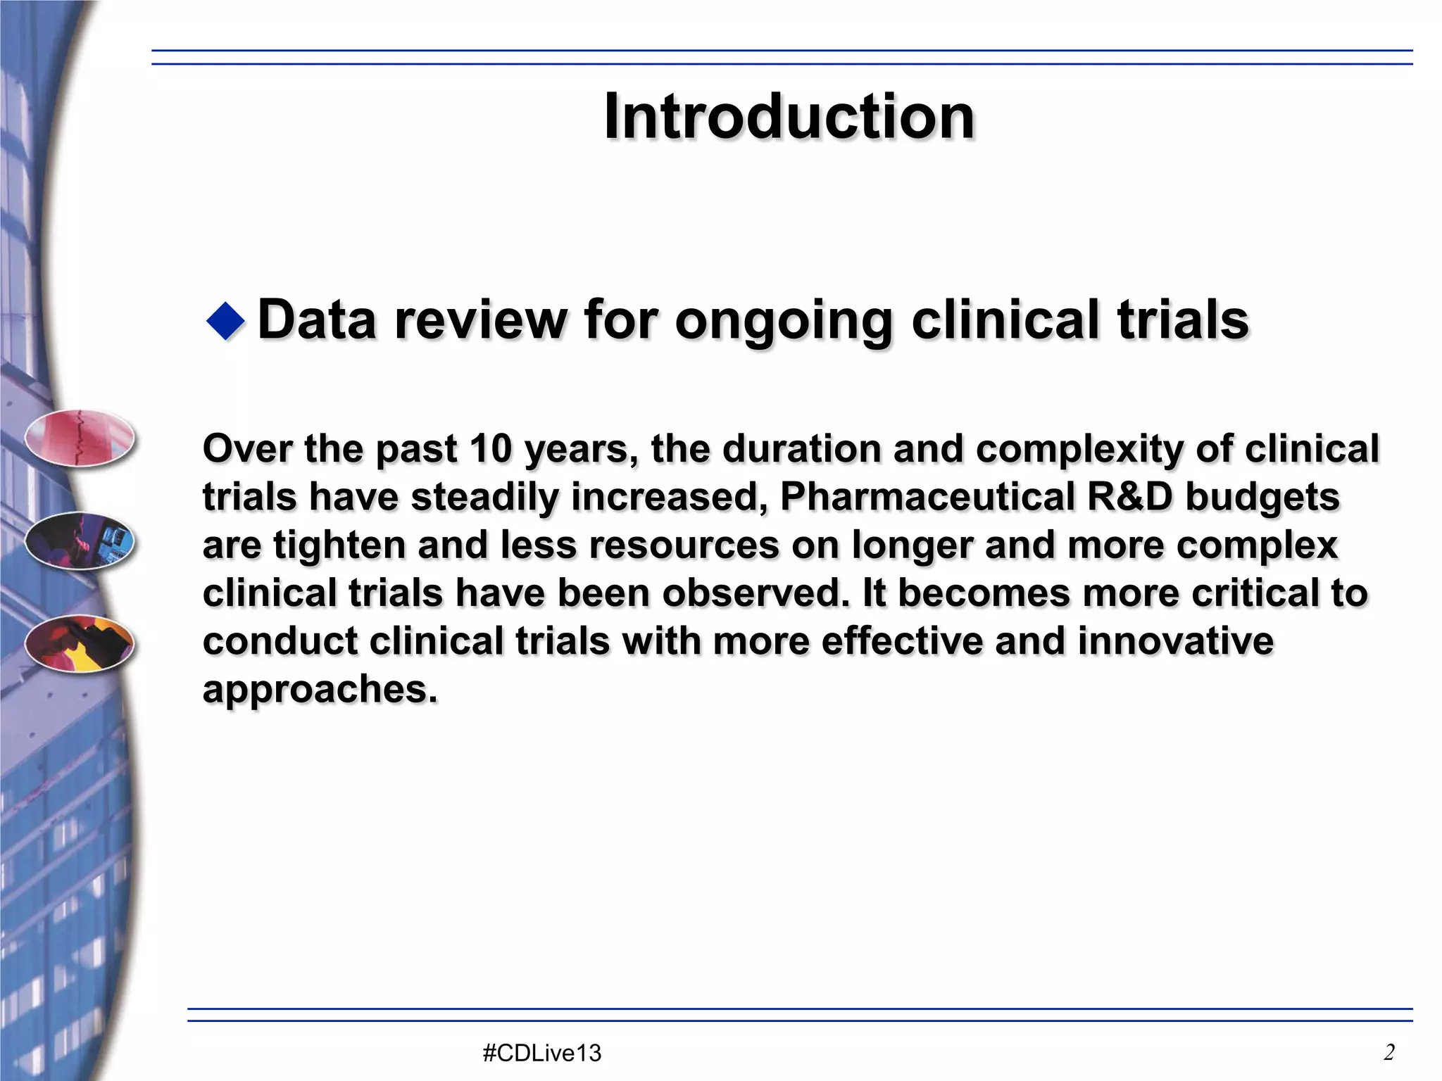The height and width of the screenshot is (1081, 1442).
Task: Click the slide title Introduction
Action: coord(789,117)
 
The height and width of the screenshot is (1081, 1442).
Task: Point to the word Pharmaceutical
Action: coord(927,497)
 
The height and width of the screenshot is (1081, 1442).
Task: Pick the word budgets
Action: coord(1262,498)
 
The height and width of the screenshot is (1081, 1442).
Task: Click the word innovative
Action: coord(1175,641)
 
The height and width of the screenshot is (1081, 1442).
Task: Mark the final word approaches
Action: coord(319,690)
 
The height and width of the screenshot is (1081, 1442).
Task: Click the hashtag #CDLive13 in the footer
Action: coord(542,1053)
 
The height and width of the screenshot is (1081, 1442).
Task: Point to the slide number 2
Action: coord(1389,1052)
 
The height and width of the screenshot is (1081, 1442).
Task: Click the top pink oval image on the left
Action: coord(80,438)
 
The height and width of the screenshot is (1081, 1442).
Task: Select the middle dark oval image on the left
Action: coord(80,540)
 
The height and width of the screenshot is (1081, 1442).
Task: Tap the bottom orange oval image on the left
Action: coord(80,643)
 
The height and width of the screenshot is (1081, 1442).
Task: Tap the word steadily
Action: coord(484,498)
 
